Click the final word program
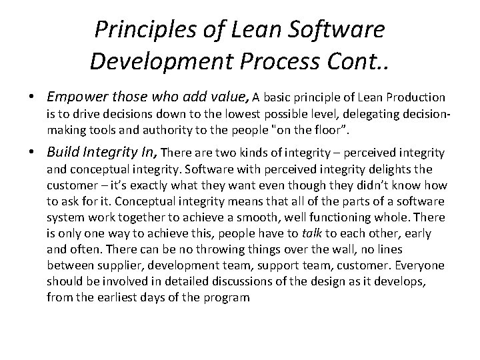(225, 297)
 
